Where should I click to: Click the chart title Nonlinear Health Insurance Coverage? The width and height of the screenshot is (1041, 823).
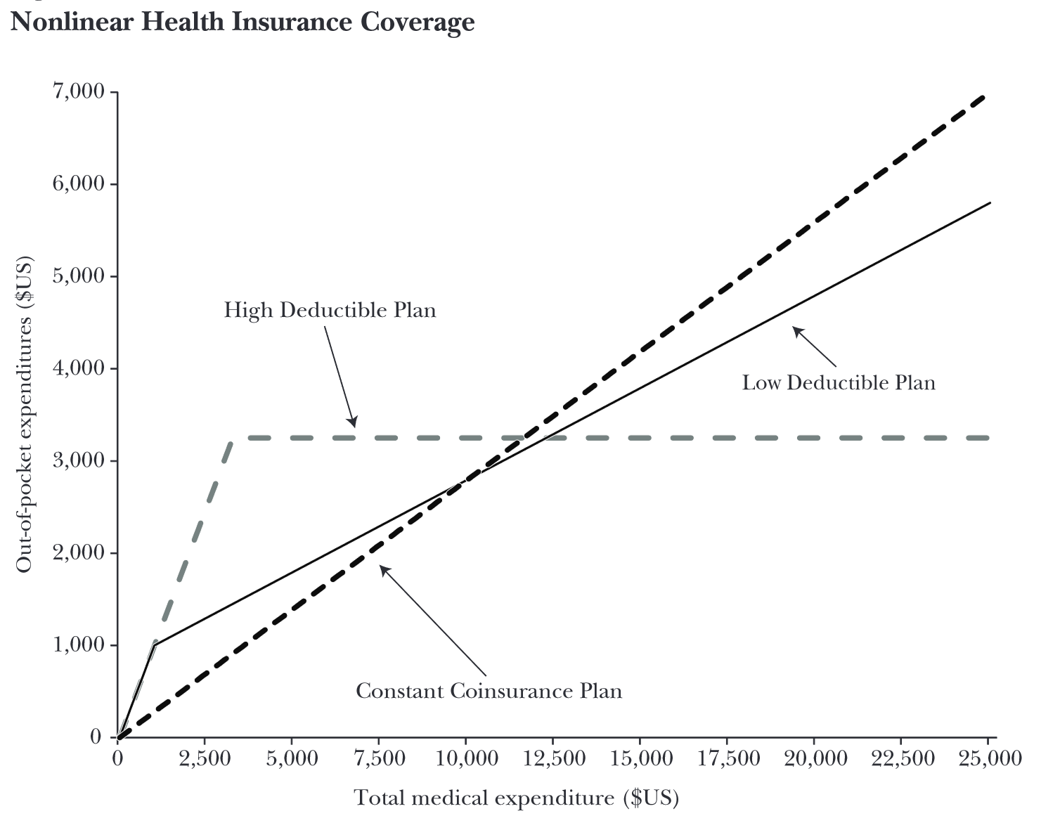[x=243, y=22]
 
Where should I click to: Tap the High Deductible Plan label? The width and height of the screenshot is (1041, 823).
[x=330, y=310]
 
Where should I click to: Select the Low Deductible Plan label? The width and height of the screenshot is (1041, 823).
[x=839, y=382]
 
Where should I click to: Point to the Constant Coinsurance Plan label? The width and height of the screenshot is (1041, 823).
[x=489, y=691]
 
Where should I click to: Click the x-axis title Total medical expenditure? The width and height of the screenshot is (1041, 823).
[x=516, y=798]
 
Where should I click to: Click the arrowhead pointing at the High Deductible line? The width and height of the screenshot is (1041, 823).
[x=354, y=423]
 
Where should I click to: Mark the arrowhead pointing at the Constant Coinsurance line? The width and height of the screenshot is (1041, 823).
[x=383, y=568]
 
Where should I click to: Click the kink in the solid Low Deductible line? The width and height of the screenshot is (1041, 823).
[x=154, y=644]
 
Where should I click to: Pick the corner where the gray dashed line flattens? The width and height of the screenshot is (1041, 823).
[x=232, y=439]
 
